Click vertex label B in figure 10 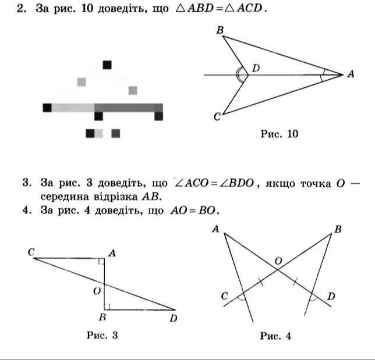pos(220,30)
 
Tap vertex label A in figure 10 pos(351,74)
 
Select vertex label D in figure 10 pos(256,68)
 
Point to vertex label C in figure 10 pos(217,117)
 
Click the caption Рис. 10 pos(280,134)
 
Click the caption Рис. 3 pos(102,335)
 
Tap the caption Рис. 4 pos(275,336)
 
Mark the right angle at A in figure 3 pos(102,261)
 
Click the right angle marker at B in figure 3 pos(107,306)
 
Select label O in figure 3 pos(97,291)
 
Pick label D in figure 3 pos(174,318)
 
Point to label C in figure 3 pos(31,252)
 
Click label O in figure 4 pos(278,261)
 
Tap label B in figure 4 pos(338,230)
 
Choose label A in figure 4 pos(215,229)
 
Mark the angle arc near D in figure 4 pos(314,300)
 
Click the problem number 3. pos(27,183)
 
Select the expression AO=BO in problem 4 pos(194,211)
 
